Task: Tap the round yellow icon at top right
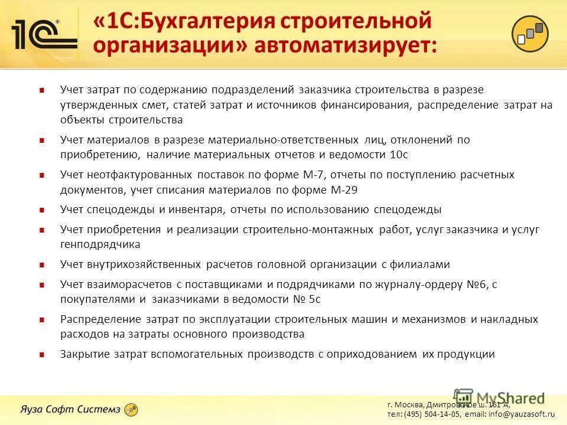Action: coord(530,32)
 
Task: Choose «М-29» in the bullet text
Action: coord(346,190)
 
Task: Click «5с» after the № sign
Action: coord(314,299)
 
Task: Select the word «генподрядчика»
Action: coord(100,244)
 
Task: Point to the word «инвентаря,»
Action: coord(195,210)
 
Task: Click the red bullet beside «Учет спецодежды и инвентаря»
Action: coord(42,210)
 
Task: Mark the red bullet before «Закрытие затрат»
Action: coord(42,355)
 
